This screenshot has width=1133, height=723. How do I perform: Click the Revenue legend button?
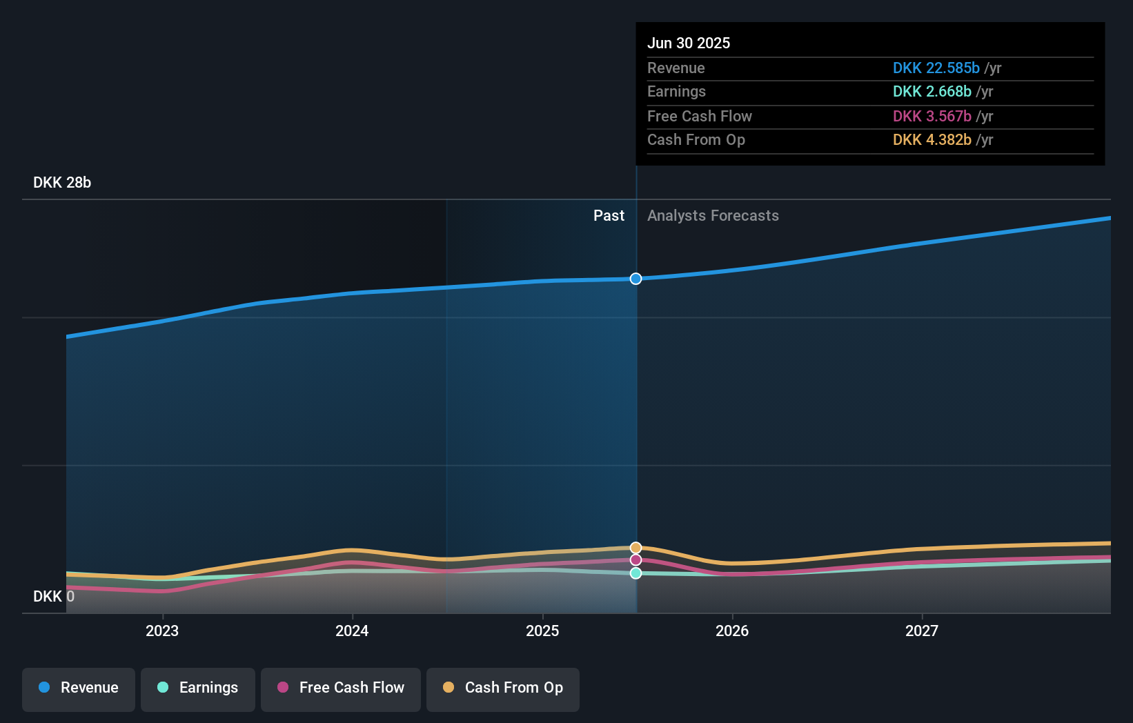[79, 688]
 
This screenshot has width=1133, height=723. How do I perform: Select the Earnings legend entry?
[198, 688]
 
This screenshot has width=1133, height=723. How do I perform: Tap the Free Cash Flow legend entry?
[341, 688]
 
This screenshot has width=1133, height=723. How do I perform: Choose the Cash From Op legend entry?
[503, 688]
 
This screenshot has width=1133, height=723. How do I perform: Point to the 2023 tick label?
[162, 631]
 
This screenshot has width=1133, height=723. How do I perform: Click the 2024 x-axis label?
[352, 631]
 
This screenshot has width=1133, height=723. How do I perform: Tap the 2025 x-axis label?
[542, 631]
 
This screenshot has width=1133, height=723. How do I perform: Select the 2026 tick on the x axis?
[732, 631]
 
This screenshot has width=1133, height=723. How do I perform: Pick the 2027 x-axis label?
[922, 631]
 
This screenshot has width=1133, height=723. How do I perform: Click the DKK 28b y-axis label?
[62, 183]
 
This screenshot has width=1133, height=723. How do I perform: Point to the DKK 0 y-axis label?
[54, 597]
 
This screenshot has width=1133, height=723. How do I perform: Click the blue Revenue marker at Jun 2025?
[636, 279]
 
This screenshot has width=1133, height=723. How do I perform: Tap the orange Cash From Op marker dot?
[636, 548]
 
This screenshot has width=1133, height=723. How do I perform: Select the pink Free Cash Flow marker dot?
[636, 560]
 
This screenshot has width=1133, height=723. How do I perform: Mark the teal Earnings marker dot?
[636, 573]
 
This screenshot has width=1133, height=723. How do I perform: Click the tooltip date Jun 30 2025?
[689, 43]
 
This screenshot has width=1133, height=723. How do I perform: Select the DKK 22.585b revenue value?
[936, 68]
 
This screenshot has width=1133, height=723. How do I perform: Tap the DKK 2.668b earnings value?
[932, 92]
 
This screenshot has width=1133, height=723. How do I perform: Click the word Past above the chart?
[609, 216]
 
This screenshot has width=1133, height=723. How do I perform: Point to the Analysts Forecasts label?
[713, 216]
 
